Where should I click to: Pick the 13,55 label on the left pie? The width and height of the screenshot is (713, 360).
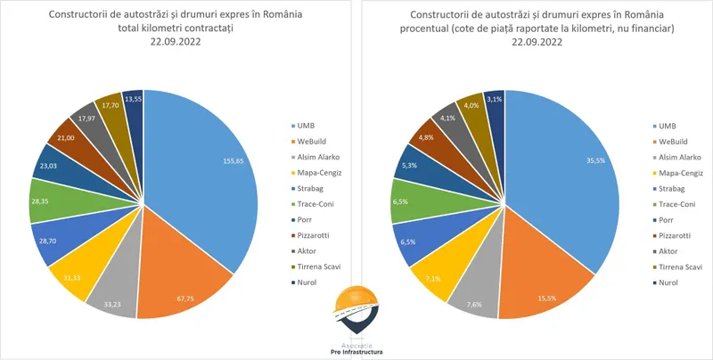tap(133, 99)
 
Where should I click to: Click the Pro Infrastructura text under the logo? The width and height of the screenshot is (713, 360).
tap(355, 353)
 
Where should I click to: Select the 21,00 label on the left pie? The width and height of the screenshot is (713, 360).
tap(65, 137)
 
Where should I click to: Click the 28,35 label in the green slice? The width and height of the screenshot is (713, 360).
tap(41, 201)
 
